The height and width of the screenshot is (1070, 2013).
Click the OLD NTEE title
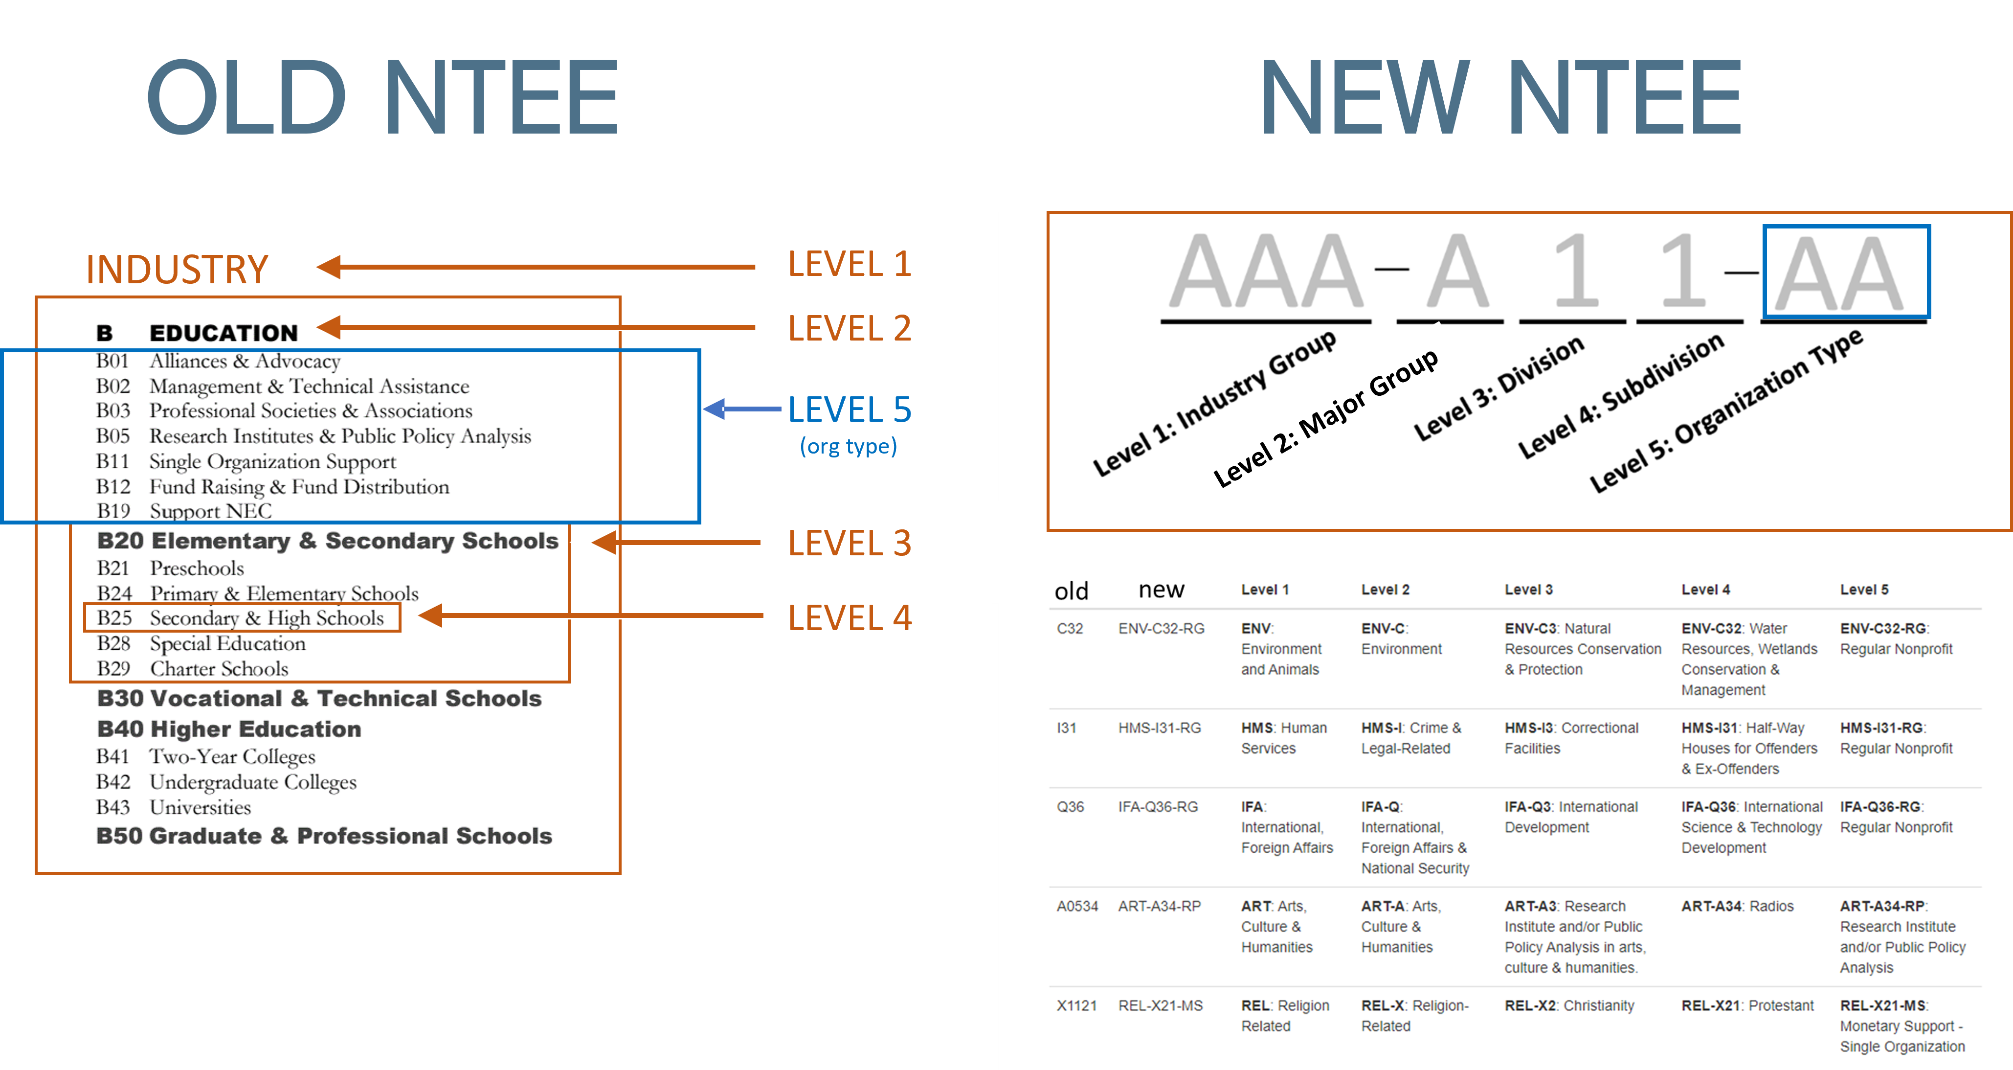pos(383,98)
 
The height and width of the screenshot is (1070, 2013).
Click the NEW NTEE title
pos(1500,98)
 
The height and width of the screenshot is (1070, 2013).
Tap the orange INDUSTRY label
pos(178,270)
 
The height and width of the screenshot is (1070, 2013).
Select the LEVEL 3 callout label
pos(850,543)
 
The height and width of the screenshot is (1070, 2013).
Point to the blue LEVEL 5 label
pos(850,410)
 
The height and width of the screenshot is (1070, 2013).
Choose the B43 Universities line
pos(174,807)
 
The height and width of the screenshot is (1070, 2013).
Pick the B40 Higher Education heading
pos(229,729)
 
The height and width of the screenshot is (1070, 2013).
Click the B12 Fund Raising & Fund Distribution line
pos(273,486)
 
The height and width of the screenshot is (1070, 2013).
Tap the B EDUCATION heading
pos(197,333)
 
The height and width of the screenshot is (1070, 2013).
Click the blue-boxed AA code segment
pos(1846,272)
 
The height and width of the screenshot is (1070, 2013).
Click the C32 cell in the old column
pos(1070,628)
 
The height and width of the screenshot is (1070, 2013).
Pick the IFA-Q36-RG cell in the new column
pos(1157,807)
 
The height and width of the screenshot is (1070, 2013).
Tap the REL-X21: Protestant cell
pos(1747,1005)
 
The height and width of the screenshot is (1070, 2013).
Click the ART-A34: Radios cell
pos(1737,906)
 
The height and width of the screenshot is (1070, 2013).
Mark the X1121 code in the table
pos(1076,1005)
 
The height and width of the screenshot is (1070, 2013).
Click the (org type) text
pos(848,446)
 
